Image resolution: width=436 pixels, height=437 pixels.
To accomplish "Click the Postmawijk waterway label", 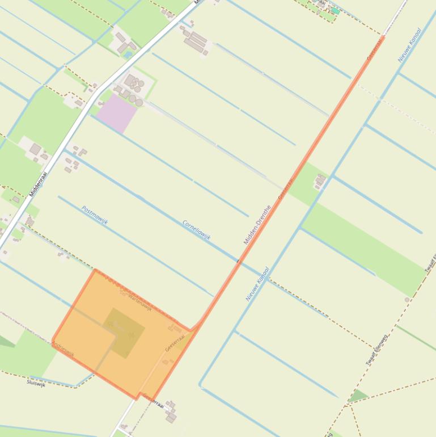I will point(95,215).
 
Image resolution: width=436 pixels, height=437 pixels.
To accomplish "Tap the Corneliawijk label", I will point(197,230).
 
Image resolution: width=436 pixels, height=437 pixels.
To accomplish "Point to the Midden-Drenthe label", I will point(257,225).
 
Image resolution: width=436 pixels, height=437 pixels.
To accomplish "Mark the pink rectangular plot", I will point(116,112).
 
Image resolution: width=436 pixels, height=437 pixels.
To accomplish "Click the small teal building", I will point(335,11).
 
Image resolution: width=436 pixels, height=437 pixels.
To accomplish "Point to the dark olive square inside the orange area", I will point(124,333).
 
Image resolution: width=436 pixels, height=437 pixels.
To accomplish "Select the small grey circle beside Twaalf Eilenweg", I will point(407,300).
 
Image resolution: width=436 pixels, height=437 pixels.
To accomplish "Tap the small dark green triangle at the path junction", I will point(357,396).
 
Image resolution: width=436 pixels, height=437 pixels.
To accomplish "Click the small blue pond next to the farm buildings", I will point(128,54).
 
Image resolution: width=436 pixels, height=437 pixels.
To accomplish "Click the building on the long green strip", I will point(320,181).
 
